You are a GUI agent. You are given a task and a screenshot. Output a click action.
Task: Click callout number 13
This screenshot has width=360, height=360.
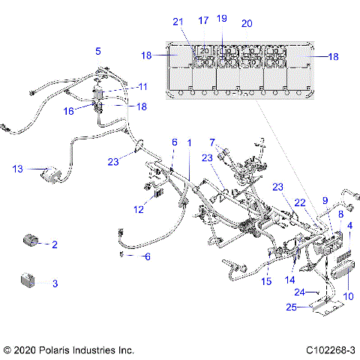point(17,169)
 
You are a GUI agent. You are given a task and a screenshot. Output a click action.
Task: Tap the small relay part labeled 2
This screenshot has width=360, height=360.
point(31,241)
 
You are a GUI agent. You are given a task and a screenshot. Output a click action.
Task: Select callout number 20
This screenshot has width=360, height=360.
point(247,24)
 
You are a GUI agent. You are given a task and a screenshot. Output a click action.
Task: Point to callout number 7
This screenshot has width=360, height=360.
point(213,142)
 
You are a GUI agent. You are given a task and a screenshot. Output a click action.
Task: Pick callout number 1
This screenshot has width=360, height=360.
point(189,142)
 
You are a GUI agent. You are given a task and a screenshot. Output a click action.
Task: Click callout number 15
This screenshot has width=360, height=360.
point(265,282)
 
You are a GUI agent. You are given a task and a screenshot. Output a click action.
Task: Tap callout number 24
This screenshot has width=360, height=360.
point(298,292)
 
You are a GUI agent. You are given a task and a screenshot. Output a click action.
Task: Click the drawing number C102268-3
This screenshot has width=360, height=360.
point(330,349)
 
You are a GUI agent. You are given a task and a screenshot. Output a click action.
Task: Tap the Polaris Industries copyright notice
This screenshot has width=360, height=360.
point(68,349)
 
